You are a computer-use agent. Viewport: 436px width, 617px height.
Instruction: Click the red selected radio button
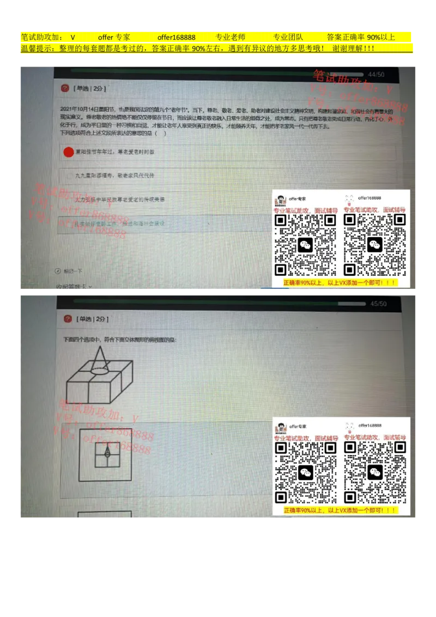click(x=69, y=152)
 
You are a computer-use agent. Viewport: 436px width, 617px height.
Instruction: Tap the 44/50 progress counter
click(x=376, y=74)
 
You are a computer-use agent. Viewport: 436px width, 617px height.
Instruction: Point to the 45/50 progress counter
click(x=378, y=304)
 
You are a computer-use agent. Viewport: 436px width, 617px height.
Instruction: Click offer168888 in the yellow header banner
click(x=176, y=37)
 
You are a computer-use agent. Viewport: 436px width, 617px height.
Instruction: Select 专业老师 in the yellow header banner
click(x=231, y=37)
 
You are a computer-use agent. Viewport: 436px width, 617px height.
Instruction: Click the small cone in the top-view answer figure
click(x=107, y=452)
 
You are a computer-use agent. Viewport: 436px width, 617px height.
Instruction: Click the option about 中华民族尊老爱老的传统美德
click(x=120, y=199)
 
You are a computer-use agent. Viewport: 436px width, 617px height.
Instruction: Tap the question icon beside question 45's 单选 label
click(x=68, y=319)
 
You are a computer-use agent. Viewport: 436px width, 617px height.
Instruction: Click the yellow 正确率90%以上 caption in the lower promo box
click(x=340, y=511)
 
